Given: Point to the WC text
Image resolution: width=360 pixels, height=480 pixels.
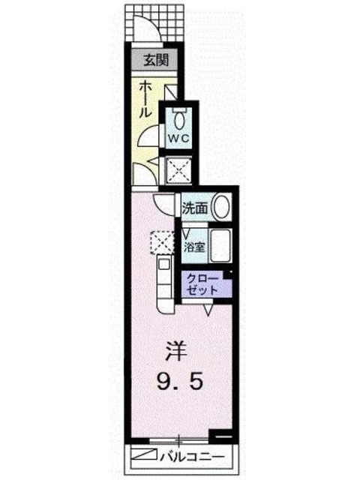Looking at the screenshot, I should pyautogui.click(x=178, y=139).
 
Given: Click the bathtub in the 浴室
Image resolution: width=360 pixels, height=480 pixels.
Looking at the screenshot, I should pyautogui.click(x=218, y=245).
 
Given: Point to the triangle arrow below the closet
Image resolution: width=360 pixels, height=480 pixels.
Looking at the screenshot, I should pyautogui.click(x=211, y=307).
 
